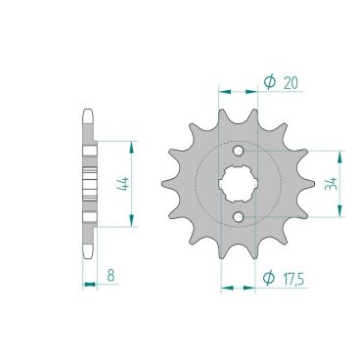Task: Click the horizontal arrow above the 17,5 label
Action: point(239,289)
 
